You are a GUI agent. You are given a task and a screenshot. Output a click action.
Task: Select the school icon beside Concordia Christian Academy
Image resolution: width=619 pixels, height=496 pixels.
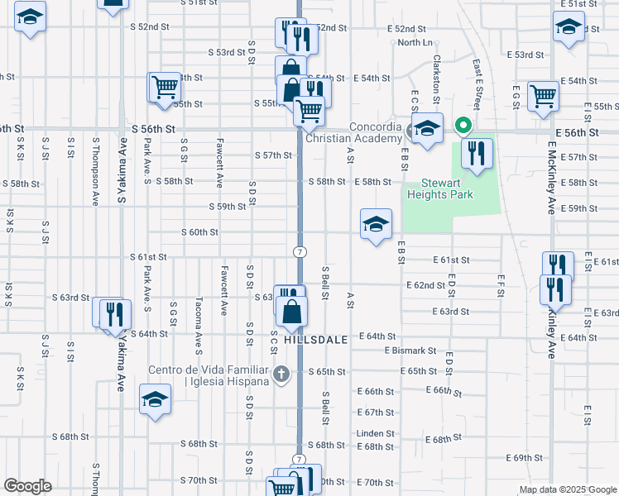point(427,129)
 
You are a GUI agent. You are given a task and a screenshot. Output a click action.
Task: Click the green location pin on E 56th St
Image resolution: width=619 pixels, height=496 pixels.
point(463,126)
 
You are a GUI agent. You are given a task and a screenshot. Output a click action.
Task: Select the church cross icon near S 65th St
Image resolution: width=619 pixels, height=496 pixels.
point(281,374)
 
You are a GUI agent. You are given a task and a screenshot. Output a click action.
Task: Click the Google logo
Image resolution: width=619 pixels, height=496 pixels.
point(27,486)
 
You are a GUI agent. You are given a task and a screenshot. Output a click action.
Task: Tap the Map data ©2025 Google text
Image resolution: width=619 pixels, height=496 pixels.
point(568,489)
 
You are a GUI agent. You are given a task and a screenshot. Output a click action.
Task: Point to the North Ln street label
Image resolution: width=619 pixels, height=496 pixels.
point(415,42)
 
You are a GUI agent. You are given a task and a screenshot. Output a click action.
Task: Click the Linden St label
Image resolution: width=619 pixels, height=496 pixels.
point(376,433)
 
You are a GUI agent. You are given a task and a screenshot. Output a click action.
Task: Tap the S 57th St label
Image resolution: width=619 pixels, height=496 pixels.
point(274,155)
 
